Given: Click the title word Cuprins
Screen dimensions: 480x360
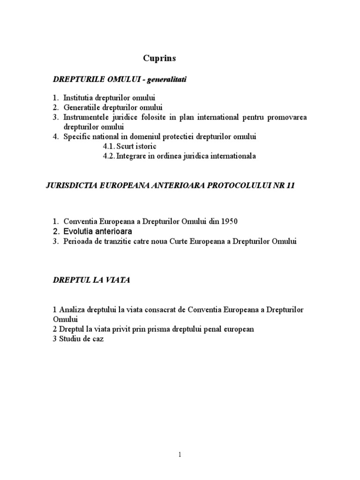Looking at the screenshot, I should click(x=159, y=59).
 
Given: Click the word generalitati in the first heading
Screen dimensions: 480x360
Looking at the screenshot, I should click(x=166, y=80).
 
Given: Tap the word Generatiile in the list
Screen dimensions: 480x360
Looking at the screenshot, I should click(x=81, y=108).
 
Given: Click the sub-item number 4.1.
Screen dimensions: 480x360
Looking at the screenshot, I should click(x=109, y=147).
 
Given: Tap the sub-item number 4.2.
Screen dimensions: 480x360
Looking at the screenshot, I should click(x=109, y=157).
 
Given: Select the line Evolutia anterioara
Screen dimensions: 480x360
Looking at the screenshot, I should click(x=98, y=232).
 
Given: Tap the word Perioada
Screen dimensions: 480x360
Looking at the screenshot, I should click(x=79, y=241).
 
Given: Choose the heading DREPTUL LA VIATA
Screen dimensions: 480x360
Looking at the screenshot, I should click(x=91, y=280).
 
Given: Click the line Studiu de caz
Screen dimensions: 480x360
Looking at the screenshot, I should click(x=78, y=339).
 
